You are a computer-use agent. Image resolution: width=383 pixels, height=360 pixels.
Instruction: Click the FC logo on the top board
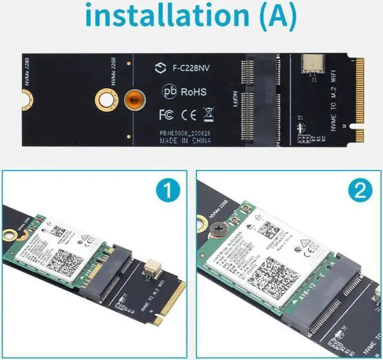tap(166, 113)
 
